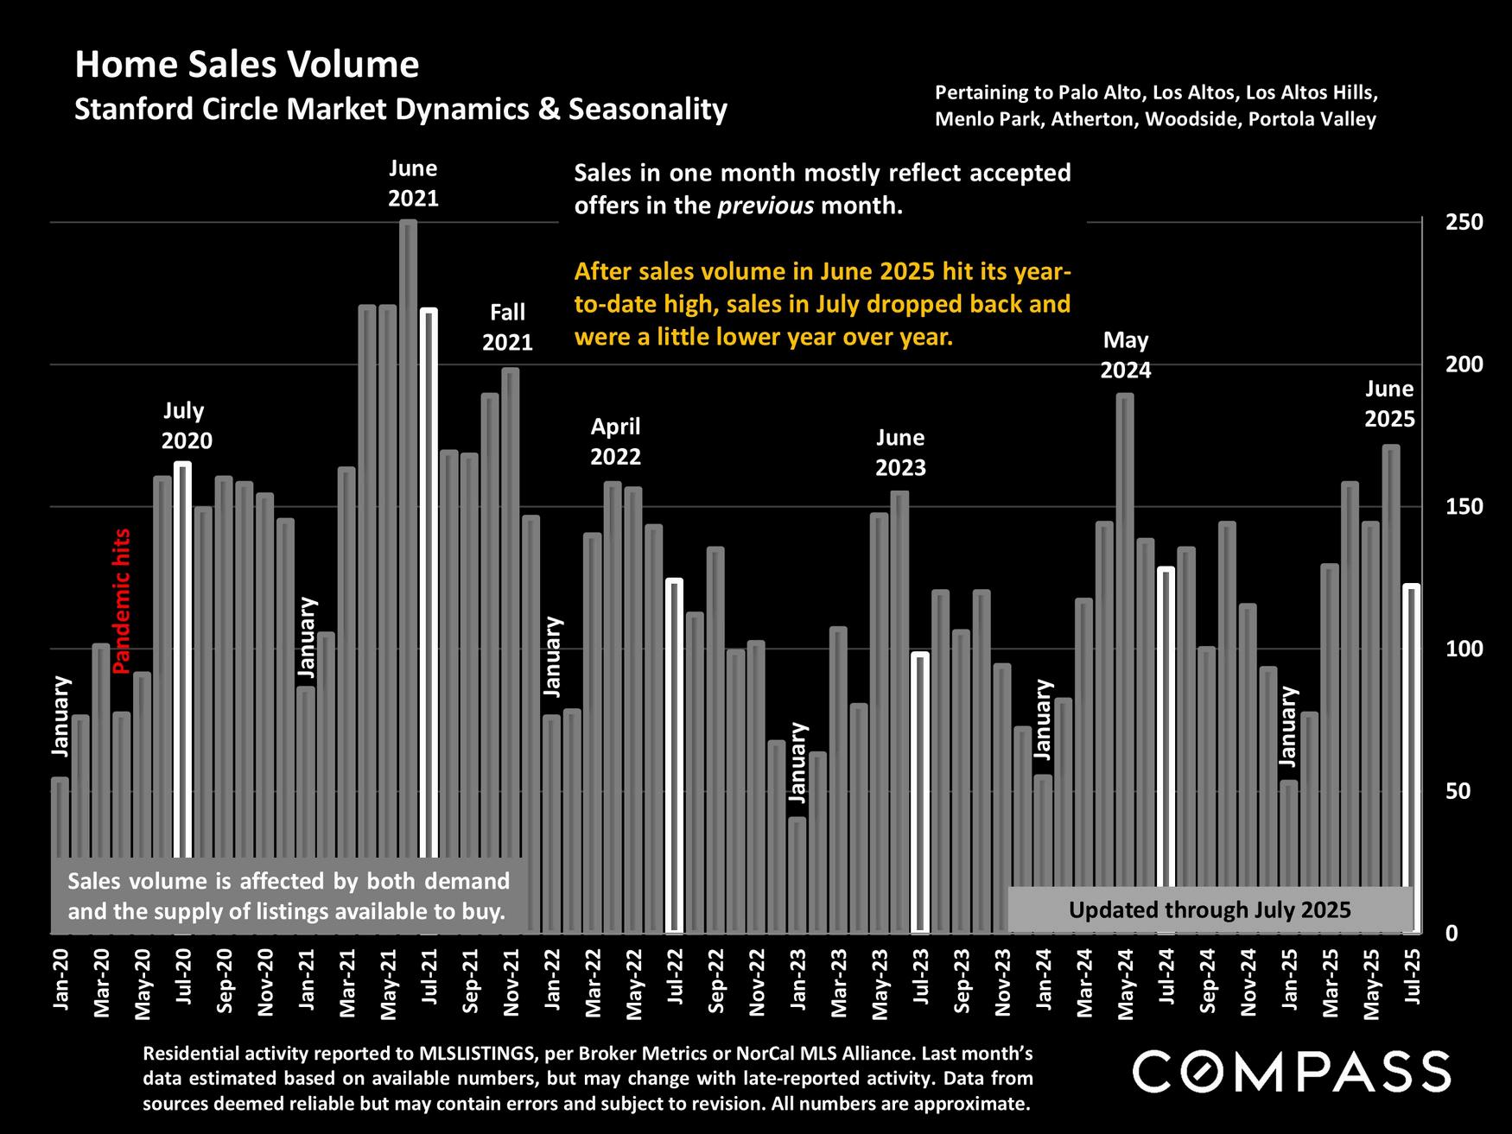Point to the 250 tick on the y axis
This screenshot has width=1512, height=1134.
coord(1464,222)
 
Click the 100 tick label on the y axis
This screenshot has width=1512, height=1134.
coord(1464,649)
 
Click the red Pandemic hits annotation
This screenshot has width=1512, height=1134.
coord(122,601)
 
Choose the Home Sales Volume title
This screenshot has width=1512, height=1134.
coord(247,65)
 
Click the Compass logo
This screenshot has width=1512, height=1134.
coord(1292,1072)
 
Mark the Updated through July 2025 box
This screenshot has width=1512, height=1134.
coord(1210,909)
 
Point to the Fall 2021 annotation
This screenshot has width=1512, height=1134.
coord(507,327)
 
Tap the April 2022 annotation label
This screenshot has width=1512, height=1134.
coord(615,441)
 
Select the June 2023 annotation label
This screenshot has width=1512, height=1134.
coord(900,453)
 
